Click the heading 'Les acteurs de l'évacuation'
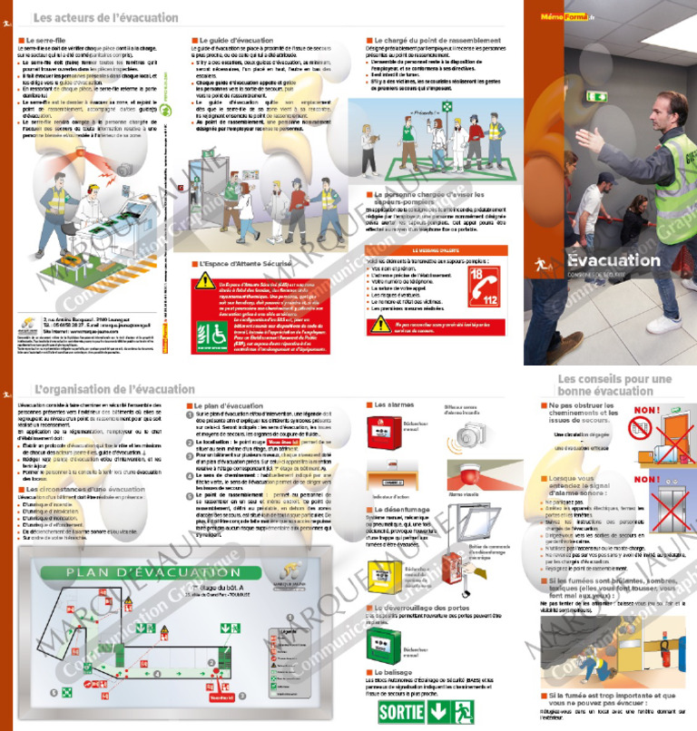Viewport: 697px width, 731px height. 105,17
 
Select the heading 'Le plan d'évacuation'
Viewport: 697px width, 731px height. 227,405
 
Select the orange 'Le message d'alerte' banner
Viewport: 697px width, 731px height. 439,249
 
